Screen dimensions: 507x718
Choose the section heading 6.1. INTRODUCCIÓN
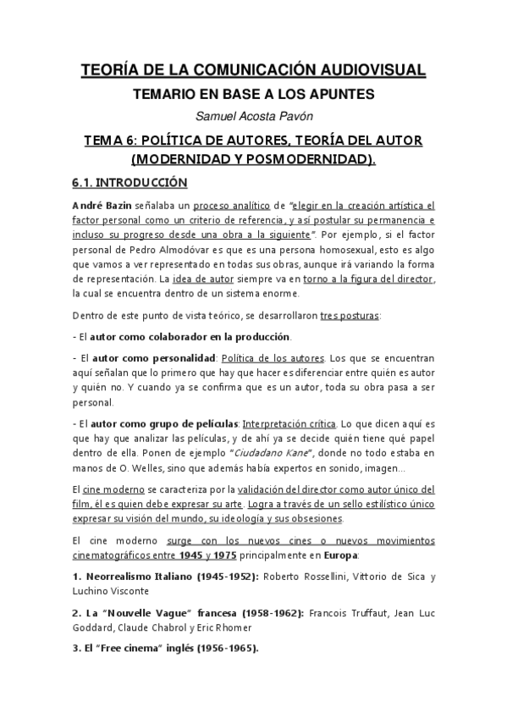(x=128, y=182)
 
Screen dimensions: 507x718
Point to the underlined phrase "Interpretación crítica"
(x=288, y=423)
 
